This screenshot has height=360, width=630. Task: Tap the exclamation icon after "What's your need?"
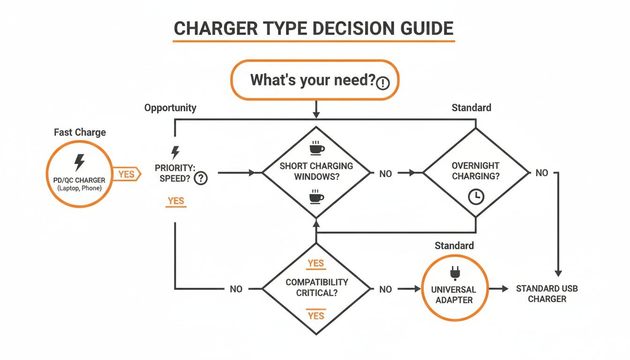point(383,83)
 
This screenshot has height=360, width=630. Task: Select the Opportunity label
point(170,108)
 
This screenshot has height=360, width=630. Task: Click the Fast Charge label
point(80,132)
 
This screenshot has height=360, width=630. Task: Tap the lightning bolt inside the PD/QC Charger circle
point(80,163)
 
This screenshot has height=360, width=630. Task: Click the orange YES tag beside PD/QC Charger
point(127,174)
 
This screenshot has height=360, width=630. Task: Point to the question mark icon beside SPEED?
point(201,178)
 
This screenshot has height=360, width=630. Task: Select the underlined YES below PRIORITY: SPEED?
point(176,201)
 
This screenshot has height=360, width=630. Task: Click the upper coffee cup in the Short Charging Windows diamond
point(316,149)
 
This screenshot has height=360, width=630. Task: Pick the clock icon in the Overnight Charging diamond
point(476,197)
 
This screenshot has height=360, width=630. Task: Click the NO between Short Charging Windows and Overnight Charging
point(385,174)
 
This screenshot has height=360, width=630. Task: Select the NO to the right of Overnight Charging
point(541,173)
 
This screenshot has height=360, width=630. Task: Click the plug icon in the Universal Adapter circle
point(454,273)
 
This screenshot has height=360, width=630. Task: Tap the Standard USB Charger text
point(547,294)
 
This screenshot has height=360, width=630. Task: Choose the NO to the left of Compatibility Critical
point(236,289)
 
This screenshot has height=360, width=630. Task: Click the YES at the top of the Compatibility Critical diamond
point(316,263)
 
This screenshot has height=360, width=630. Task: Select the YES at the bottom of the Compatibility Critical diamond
point(316,315)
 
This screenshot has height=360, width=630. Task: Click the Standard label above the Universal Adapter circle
point(454,246)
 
